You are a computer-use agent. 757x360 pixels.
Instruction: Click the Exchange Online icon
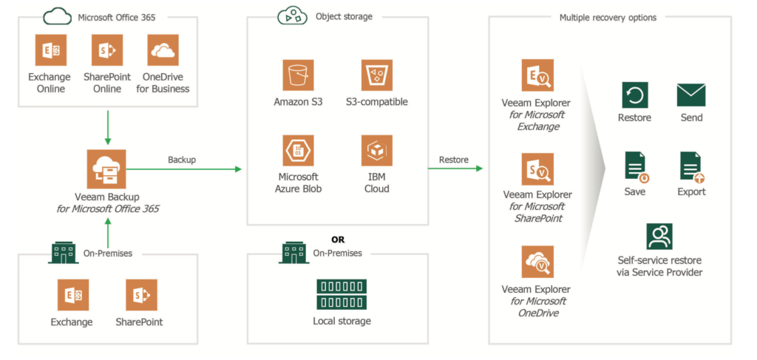51,50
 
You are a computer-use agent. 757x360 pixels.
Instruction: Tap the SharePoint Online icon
107,50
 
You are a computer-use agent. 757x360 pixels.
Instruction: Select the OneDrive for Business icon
163,50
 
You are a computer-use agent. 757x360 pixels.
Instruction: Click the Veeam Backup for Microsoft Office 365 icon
106,169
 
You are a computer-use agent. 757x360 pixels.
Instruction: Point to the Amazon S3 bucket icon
299,75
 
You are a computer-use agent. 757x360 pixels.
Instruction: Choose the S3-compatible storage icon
377,75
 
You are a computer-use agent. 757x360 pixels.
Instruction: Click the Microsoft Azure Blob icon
299,151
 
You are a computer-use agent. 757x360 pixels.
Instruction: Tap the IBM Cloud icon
377,151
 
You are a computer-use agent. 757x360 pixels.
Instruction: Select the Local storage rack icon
342,294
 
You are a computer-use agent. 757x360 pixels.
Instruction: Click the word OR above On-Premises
338,240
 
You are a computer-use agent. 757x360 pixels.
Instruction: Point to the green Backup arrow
184,169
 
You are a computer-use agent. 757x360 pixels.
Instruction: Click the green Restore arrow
455,168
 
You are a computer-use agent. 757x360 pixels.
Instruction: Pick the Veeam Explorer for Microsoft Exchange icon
537,75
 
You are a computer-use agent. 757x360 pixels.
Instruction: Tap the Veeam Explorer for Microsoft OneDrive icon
537,262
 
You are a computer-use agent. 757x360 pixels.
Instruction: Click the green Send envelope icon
691,95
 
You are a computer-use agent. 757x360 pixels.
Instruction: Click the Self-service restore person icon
659,237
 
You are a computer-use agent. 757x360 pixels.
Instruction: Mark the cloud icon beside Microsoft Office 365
58,18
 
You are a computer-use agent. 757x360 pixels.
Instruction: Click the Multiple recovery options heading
608,18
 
